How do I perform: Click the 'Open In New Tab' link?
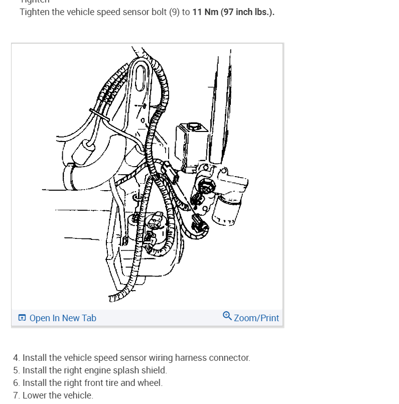click(63, 318)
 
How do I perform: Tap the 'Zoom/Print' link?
click(256, 318)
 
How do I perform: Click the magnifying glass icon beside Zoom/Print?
click(227, 316)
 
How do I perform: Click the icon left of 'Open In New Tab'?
click(22, 318)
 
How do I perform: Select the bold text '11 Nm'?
click(205, 12)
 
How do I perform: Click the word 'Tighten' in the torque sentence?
click(35, 12)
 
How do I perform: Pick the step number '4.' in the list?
click(17, 358)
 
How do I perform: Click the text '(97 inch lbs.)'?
click(247, 12)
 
